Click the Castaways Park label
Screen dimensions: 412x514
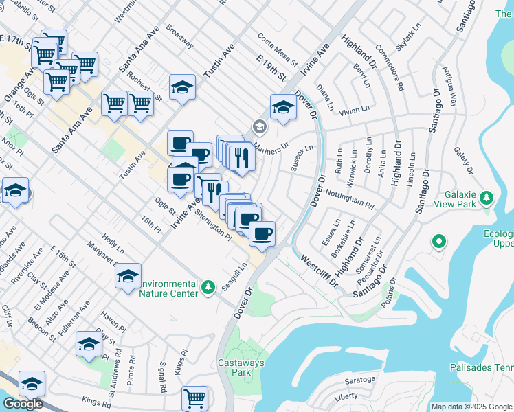pyautogui.click(x=236, y=367)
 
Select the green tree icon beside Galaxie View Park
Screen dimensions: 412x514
pyautogui.click(x=487, y=198)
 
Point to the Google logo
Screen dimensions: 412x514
pyautogui.click(x=22, y=404)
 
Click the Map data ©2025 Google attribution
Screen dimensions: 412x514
pyautogui.click(x=471, y=407)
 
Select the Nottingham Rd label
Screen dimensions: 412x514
pyautogui.click(x=349, y=199)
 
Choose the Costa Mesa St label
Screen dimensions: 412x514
pyautogui.click(x=277, y=50)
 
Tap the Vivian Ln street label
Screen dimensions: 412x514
pyautogui.click(x=355, y=108)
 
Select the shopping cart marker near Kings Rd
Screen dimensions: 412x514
pyautogui.click(x=195, y=398)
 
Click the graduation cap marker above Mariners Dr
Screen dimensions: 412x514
pyautogui.click(x=283, y=108)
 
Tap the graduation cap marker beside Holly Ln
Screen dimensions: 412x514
pyautogui.click(x=128, y=276)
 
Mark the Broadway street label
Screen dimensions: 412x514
pyautogui.click(x=180, y=39)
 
